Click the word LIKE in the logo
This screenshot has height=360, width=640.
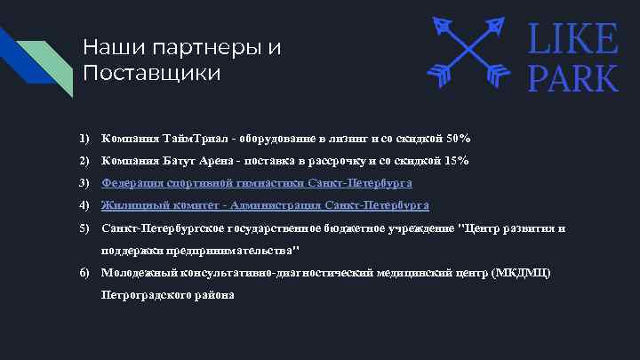point(573,39)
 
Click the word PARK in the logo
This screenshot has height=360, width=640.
point(573,77)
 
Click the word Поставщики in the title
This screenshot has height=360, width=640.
point(151,72)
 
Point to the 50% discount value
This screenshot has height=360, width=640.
point(459,139)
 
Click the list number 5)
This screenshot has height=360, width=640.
point(84,228)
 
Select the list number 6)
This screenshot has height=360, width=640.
point(84,272)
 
